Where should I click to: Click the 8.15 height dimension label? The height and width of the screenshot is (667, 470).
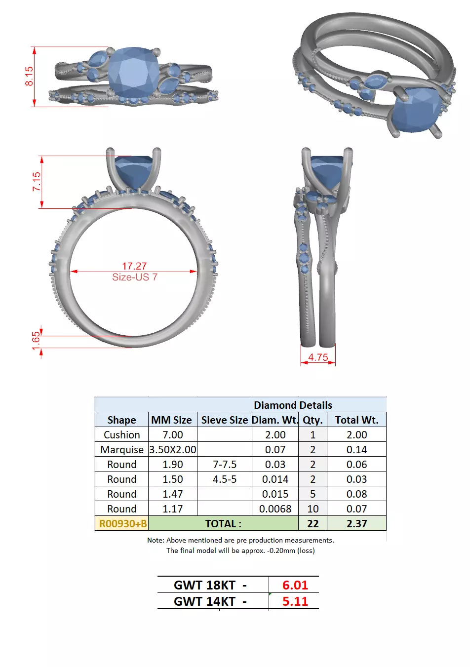tap(29, 76)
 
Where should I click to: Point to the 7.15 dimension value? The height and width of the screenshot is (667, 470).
tap(37, 181)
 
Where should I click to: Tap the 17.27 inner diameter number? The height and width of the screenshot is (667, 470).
tap(134, 266)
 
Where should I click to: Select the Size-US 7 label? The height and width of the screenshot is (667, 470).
tap(134, 277)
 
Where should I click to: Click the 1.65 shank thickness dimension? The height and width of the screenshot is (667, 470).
tap(36, 341)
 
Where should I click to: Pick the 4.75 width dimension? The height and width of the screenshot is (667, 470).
tap(318, 357)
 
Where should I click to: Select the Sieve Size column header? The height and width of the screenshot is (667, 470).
tap(224, 420)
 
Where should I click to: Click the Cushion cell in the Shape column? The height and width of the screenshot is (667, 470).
tap(121, 434)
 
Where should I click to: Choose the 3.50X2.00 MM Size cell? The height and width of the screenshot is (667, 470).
tap(172, 449)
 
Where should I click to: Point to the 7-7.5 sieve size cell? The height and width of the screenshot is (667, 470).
tap(224, 464)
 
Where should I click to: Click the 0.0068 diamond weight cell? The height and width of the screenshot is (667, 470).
tap(275, 509)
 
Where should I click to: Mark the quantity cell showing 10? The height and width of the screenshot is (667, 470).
tap(313, 509)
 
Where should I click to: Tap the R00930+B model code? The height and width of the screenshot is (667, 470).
tap(122, 523)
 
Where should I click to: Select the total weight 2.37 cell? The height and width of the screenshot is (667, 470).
tap(356, 523)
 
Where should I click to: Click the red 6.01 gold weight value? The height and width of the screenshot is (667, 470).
tap(295, 585)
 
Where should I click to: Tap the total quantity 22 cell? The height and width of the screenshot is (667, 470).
tap(313, 523)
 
